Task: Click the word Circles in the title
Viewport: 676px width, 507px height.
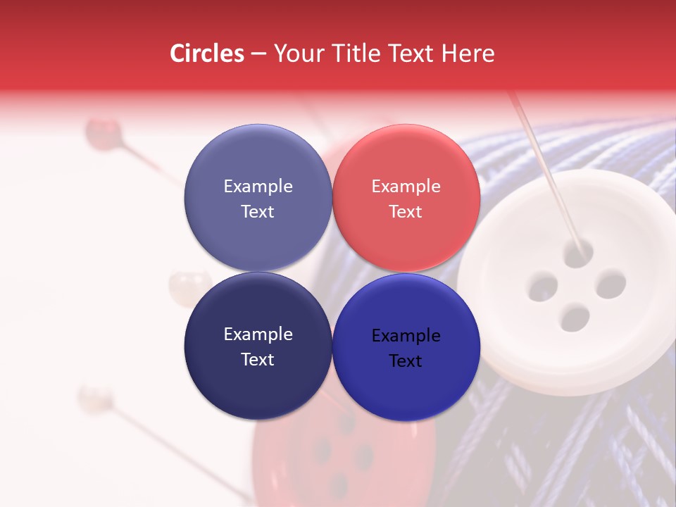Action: [206, 54]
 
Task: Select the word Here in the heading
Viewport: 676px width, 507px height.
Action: [468, 54]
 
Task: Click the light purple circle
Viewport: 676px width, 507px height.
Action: [258, 198]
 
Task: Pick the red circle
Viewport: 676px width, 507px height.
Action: [406, 198]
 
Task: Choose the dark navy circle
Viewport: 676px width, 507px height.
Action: [258, 346]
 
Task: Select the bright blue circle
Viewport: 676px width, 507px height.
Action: [406, 346]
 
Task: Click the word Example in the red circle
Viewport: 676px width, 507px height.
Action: [406, 187]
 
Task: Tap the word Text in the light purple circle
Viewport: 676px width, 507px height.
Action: [258, 211]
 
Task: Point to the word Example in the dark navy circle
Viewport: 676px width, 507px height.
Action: [258, 334]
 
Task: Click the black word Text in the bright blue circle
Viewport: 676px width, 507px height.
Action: [406, 361]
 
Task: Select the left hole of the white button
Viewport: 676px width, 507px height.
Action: [542, 287]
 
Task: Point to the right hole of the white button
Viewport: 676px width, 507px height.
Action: [611, 284]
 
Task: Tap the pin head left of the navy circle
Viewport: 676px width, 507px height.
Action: [181, 285]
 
